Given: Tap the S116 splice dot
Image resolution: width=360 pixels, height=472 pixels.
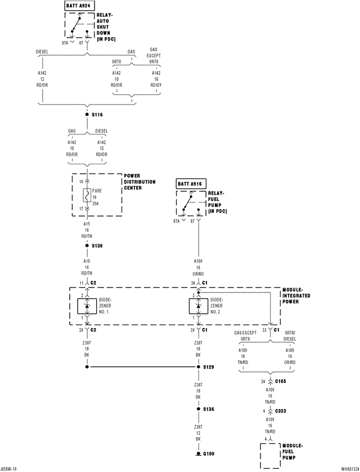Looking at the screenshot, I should [87, 114].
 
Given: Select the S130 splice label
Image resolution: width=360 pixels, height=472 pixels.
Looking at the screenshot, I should [97, 246].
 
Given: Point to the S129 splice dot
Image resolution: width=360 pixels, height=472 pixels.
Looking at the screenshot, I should [198, 367].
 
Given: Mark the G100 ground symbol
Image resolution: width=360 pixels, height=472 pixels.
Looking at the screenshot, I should [198, 452].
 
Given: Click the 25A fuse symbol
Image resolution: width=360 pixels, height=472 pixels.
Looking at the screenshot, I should [87, 196].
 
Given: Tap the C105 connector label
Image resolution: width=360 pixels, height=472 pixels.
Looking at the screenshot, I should [281, 381].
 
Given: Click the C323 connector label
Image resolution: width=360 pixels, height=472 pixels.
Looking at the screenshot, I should [281, 411].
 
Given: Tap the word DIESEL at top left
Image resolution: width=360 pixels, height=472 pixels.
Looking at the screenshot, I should [42, 51].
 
